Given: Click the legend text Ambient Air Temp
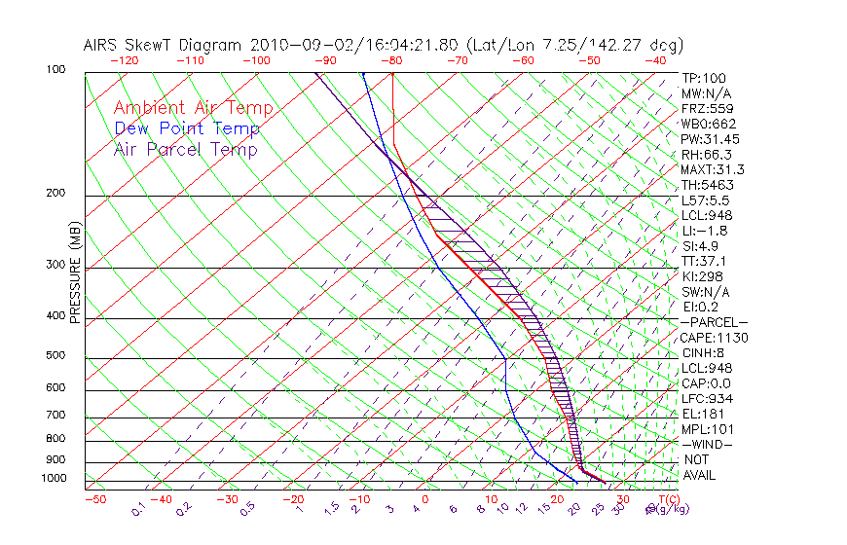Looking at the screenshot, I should click(x=193, y=109).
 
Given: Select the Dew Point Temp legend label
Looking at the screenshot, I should click(x=187, y=129).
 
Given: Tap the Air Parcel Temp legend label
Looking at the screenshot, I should click(x=186, y=150).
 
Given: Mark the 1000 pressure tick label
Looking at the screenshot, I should click(x=55, y=478).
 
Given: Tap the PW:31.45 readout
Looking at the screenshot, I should click(x=707, y=139).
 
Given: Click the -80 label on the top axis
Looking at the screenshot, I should click(x=391, y=60).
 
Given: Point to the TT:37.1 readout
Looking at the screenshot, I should click(x=704, y=262).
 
